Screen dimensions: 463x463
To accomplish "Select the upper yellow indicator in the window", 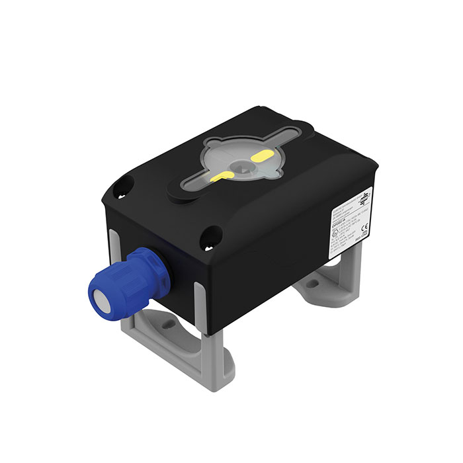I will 261,157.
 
